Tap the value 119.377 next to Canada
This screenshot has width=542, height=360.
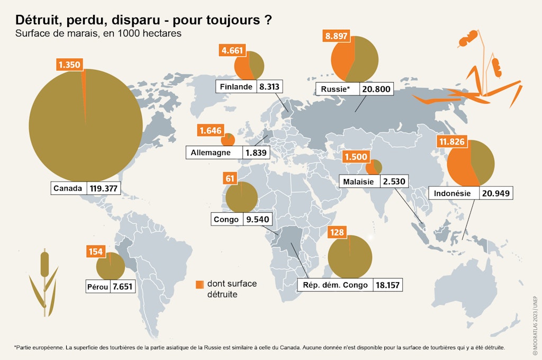click(104, 188)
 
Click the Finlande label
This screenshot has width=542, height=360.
click(236, 87)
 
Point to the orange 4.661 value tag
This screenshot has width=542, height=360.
click(232, 51)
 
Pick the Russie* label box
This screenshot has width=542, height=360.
click(336, 89)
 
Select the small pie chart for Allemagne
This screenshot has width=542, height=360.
click(228, 139)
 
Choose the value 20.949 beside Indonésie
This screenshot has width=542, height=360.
click(496, 193)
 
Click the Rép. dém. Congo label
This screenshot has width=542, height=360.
click(335, 285)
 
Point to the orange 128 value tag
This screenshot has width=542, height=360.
click(337, 232)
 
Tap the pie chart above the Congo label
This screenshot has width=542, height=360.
click(241, 197)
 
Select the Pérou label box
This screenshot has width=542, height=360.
click(97, 287)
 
